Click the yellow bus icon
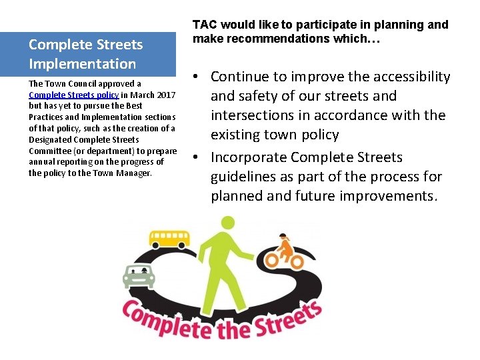tap(168, 240)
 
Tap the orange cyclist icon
tap(285, 251)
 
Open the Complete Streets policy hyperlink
tap(73, 95)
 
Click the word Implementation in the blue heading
tap(82, 64)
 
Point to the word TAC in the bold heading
tap(203, 25)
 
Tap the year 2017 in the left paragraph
tap(166, 95)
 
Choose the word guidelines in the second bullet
tap(243, 177)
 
